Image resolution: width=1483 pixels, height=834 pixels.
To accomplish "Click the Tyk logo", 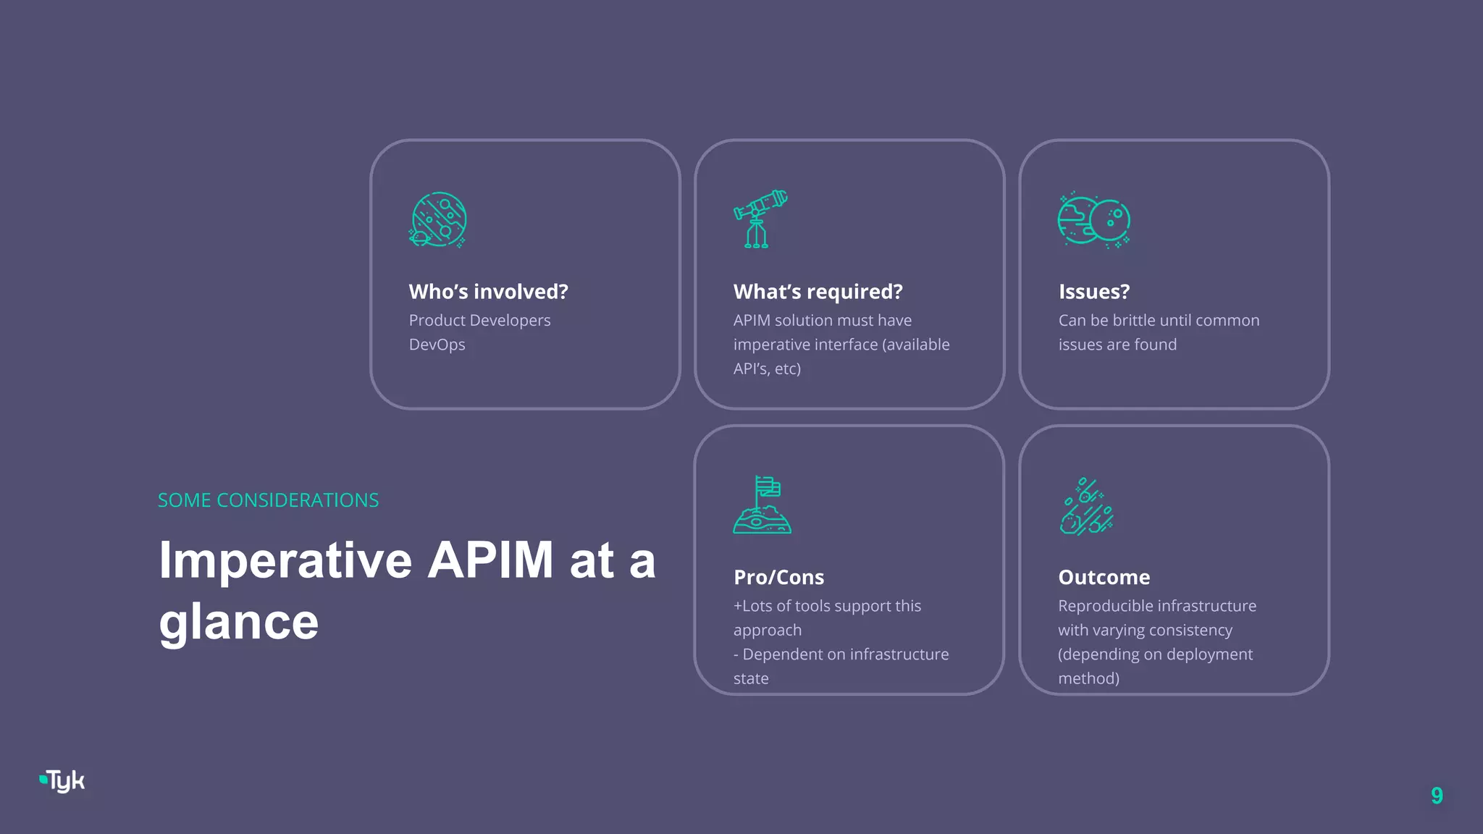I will click(x=63, y=781).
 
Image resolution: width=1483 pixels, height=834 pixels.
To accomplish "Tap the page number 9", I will click(x=1437, y=796).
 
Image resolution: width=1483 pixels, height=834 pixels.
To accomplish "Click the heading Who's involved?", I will click(x=488, y=292).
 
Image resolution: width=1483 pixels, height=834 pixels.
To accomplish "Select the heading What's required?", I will click(x=818, y=292).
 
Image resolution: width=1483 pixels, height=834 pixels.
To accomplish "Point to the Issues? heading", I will click(x=1093, y=292).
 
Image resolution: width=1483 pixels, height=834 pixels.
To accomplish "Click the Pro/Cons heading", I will click(x=778, y=577).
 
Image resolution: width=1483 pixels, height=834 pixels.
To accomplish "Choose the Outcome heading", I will click(x=1104, y=577).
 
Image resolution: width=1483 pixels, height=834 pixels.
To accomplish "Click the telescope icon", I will click(x=760, y=219).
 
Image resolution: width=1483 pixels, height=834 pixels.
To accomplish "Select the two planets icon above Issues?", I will click(x=1093, y=220).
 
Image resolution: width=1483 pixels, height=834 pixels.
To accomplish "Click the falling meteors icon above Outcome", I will click(x=1086, y=506).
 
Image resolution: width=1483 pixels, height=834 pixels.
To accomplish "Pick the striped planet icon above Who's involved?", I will click(x=438, y=219).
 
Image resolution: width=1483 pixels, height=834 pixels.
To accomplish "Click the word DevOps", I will click(x=437, y=345).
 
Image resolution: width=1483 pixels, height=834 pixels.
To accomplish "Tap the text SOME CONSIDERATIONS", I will click(x=268, y=500).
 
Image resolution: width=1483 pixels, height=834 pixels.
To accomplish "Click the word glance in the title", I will click(x=238, y=622).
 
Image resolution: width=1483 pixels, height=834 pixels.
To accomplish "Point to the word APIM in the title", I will click(x=490, y=560).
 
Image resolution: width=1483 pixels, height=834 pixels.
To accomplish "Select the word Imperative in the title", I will click(x=285, y=560).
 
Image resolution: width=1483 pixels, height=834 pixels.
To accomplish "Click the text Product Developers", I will click(x=479, y=320).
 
